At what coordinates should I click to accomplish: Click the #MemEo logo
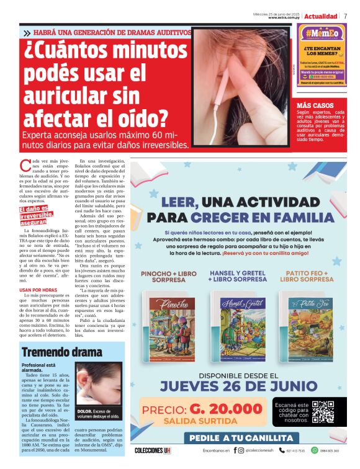pyautogui.click(x=321, y=33)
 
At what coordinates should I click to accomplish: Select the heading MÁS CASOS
pyautogui.click(x=315, y=105)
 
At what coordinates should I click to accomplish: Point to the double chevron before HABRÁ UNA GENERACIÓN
pyautogui.click(x=27, y=33)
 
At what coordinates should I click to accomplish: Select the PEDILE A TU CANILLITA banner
pyautogui.click(x=238, y=437)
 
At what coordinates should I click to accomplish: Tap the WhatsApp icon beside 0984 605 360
pyautogui.click(x=314, y=451)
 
